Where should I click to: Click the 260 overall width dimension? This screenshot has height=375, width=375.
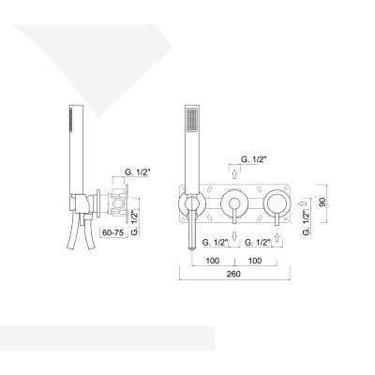pyautogui.click(x=233, y=274)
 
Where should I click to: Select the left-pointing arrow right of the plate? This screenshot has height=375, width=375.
pyautogui.click(x=302, y=201)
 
